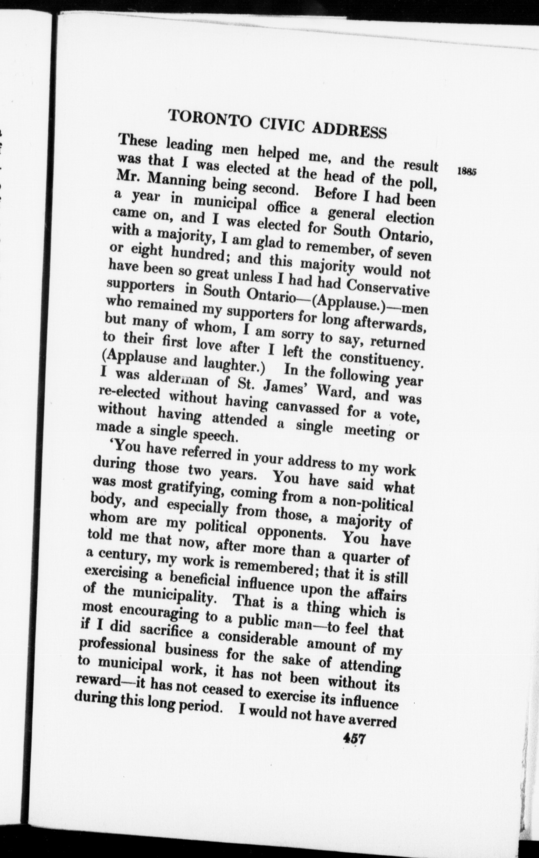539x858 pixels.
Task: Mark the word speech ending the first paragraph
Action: (218, 437)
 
